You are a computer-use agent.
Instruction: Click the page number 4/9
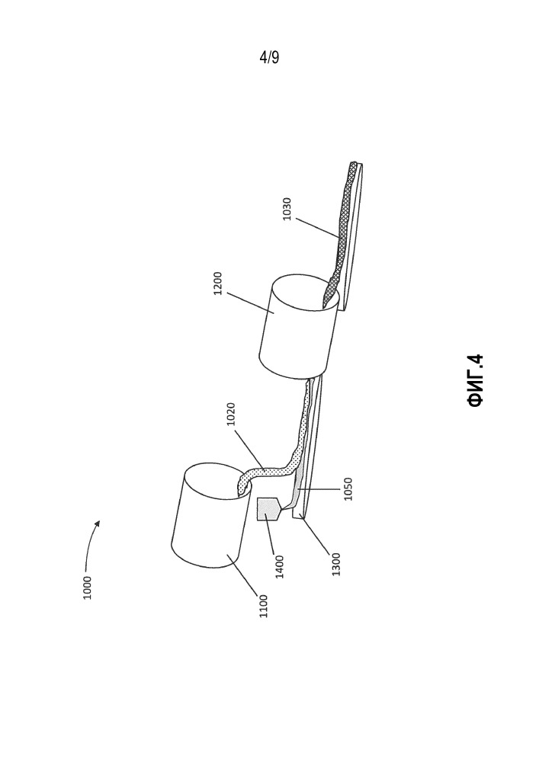pos(269,58)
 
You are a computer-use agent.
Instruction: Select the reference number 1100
pos(264,606)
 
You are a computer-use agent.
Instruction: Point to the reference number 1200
pos(218,283)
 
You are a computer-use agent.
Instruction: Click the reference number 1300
pos(336,564)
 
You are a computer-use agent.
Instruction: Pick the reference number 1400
pos(280,567)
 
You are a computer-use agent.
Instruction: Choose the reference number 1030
pos(287,209)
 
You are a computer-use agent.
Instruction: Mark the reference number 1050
pos(348,489)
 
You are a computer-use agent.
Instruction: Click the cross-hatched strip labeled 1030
pos(342,233)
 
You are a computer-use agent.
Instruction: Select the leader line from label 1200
pos(250,303)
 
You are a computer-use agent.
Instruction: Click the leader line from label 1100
pos(243,575)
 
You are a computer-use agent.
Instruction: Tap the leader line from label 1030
pos(317,228)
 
